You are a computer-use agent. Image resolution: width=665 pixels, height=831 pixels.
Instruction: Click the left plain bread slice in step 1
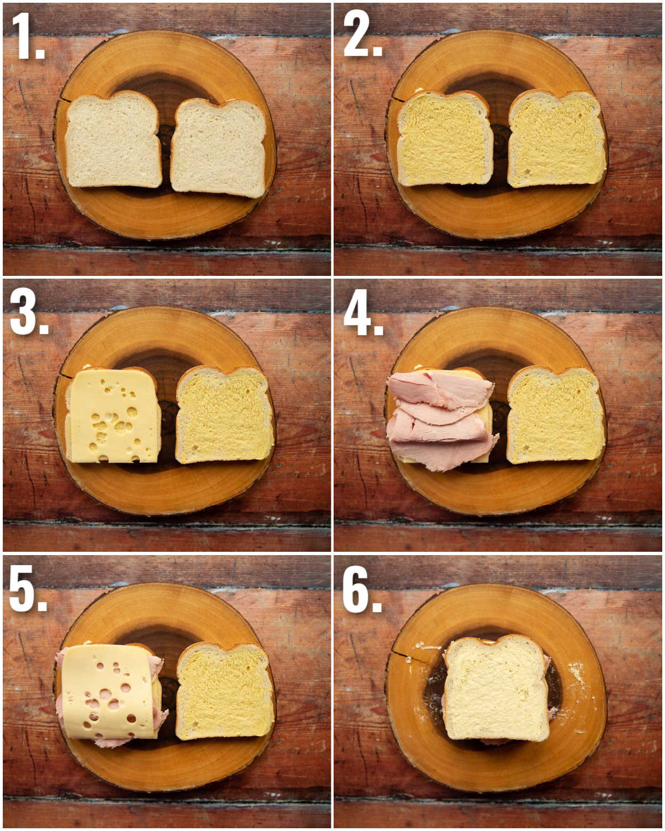pyautogui.click(x=113, y=141)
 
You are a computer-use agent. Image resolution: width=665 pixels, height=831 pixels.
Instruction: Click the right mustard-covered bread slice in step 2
pyautogui.click(x=556, y=138)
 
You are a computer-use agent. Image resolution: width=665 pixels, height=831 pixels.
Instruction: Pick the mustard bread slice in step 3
pyautogui.click(x=224, y=416)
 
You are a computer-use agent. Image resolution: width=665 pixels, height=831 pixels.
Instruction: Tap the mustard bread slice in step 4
pyautogui.click(x=555, y=416)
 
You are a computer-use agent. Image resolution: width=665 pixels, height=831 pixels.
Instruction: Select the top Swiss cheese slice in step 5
pyautogui.click(x=108, y=693)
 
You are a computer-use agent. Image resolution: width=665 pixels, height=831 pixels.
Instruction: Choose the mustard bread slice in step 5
pyautogui.click(x=224, y=693)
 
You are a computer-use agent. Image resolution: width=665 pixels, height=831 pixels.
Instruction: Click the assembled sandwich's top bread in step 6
pyautogui.click(x=496, y=690)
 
